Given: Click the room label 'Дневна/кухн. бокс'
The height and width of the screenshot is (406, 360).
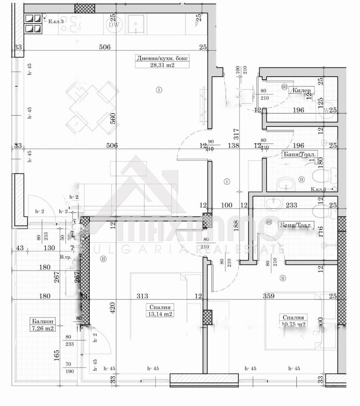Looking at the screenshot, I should pos(162,58).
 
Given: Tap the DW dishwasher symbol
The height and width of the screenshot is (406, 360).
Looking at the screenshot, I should pos(113,25).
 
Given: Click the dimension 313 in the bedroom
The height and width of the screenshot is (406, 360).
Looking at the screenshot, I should pos(142,296).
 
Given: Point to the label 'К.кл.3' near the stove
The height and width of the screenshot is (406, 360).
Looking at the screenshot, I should pos(56,21).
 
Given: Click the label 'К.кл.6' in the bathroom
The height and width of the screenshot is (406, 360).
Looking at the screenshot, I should pos(318,189).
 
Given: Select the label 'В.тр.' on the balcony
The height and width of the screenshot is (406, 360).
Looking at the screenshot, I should pos(65,257).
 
